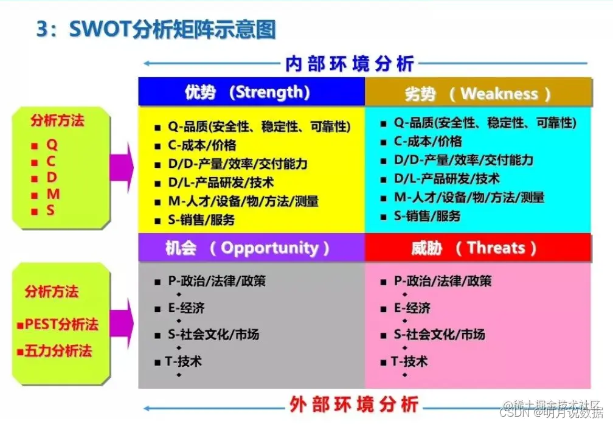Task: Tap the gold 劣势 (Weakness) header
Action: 478,94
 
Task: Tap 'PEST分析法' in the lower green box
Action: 61,324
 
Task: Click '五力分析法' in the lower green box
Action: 58,351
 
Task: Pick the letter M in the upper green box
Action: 54,194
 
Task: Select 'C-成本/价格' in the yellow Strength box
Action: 202,145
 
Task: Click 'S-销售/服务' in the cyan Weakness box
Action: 427,216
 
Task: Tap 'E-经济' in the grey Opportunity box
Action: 186,308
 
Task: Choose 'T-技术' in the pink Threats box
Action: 409,361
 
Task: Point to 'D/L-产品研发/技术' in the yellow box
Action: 221,182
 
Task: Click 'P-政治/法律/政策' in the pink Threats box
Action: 443,281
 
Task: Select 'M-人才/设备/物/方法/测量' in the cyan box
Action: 468,197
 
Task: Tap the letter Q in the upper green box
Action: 52,145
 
